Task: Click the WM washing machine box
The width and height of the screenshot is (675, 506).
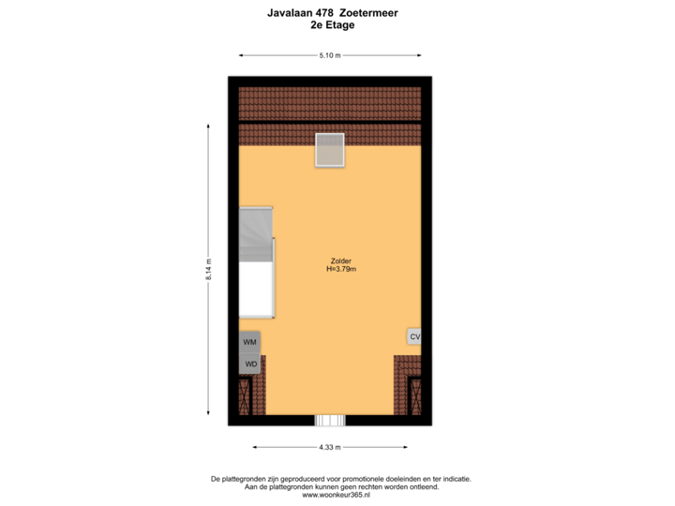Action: [249, 343]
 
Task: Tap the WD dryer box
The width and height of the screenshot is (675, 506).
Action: [250, 364]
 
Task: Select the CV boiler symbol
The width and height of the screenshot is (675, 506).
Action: [414, 336]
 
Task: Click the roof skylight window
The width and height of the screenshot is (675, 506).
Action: [330, 150]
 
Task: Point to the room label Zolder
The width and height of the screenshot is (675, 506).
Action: [340, 260]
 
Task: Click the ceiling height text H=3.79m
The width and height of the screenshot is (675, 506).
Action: [341, 270]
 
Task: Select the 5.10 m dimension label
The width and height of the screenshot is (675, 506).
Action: [330, 55]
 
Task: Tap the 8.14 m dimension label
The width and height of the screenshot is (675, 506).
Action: [208, 270]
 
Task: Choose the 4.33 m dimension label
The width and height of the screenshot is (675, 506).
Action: [330, 447]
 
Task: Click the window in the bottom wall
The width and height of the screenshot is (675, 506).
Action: [330, 421]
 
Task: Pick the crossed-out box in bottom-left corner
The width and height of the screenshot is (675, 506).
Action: [246, 397]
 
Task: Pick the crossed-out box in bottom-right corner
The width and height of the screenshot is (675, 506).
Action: [414, 397]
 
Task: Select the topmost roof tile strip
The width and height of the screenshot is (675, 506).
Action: [330, 101]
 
